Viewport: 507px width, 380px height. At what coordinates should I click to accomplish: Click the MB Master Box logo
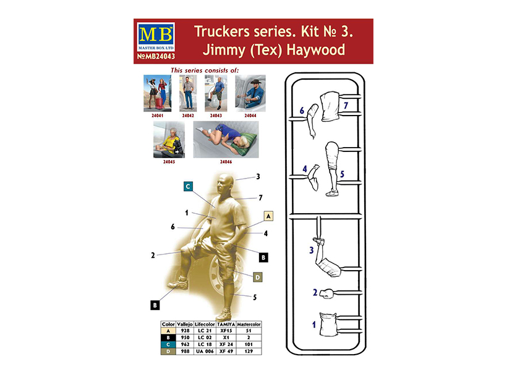pos(156,37)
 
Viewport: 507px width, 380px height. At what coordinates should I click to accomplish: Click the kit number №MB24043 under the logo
pos(156,57)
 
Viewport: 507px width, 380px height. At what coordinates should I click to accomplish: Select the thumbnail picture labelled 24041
pos(158,93)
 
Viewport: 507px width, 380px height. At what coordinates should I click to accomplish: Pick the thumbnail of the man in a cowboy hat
pos(250,93)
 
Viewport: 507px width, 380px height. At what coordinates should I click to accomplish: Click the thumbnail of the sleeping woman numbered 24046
pos(226,140)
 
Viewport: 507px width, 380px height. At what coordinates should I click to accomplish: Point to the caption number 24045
pos(169,161)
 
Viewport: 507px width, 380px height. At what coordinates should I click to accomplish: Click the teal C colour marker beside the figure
pos(188,186)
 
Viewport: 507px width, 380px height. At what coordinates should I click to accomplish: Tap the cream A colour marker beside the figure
pos(268,216)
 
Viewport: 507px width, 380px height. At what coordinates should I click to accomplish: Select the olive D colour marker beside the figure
pos(258,277)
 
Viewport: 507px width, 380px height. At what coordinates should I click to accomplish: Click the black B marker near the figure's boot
pos(155,305)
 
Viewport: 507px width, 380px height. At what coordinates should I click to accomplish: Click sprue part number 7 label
pos(346,105)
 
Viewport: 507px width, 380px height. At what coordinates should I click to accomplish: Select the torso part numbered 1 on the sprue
pos(328,325)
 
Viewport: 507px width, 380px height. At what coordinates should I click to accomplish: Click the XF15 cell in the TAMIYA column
pos(226,331)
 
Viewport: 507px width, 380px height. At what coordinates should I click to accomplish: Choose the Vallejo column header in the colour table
pos(185,324)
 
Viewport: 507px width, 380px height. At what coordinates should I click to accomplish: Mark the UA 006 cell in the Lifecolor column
pos(205,351)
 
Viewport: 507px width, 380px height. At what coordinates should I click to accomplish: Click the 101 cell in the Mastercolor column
pos(249,344)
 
